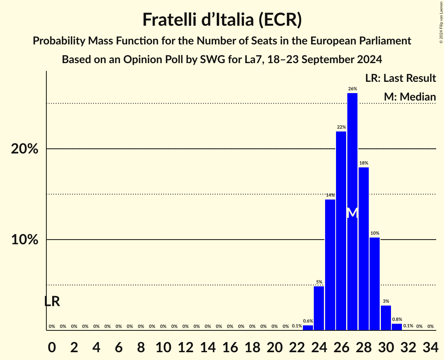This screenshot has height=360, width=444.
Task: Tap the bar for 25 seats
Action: tap(330, 265)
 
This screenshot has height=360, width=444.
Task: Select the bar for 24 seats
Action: tap(319, 308)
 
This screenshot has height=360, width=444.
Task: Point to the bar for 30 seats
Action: tap(386, 318)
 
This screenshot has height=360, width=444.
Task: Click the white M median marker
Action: tap(352, 213)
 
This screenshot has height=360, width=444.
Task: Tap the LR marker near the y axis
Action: tap(52, 301)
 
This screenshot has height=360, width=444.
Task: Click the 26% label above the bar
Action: tap(352, 89)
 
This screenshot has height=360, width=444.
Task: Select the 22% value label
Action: tap(341, 127)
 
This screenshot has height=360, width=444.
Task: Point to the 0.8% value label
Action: tap(397, 319)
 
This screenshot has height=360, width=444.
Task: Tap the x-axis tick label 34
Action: tap(430, 346)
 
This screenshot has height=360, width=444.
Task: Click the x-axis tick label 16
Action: tap(230, 346)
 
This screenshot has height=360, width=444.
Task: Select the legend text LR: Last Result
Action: tap(400, 78)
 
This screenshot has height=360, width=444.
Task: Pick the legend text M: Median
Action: tap(410, 97)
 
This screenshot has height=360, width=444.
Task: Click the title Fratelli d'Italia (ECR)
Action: tap(222, 19)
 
